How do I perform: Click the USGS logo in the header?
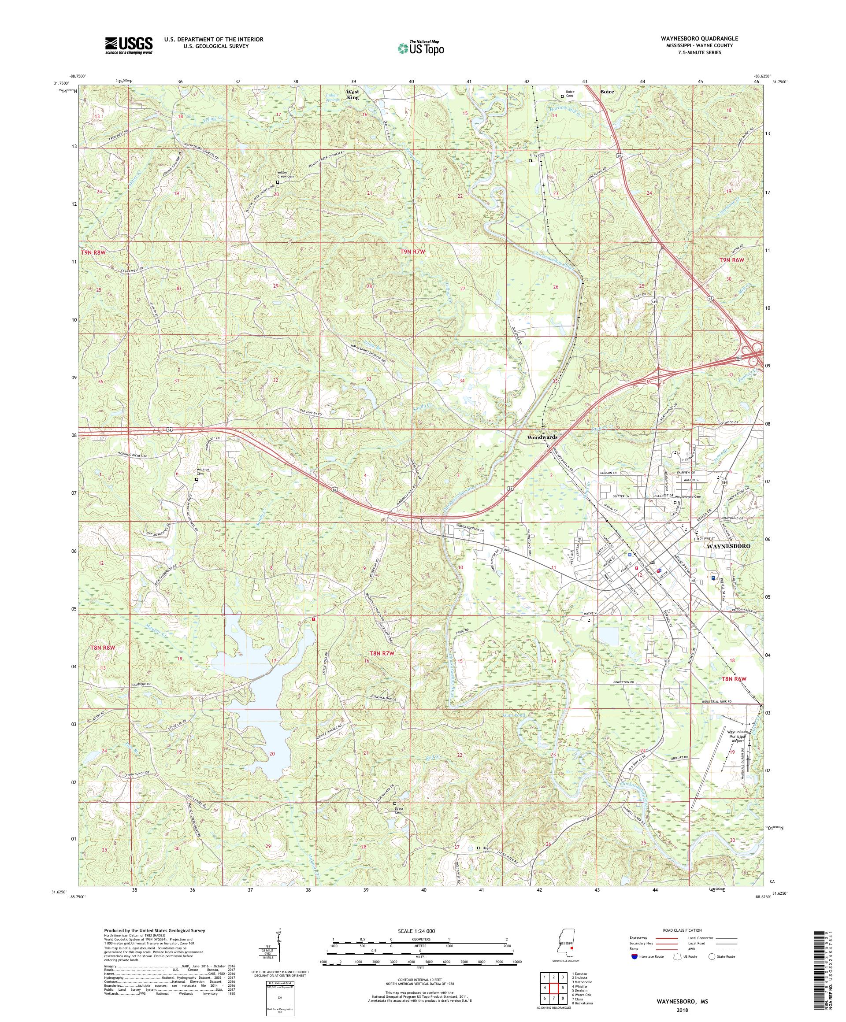(129, 46)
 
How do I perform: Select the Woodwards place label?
(541, 437)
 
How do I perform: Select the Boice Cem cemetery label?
(570, 93)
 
